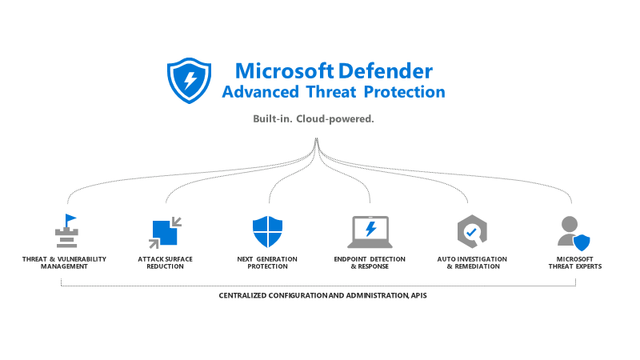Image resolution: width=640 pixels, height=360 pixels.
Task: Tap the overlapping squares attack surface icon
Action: click(x=166, y=231)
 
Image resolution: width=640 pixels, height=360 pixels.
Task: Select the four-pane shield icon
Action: click(x=267, y=231)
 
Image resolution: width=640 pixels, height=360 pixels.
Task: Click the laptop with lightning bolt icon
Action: click(x=370, y=231)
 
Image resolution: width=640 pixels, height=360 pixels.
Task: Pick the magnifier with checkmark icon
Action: click(x=471, y=231)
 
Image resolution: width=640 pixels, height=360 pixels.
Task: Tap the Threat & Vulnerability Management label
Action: click(x=64, y=262)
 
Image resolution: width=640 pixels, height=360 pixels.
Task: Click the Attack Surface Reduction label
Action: click(x=165, y=262)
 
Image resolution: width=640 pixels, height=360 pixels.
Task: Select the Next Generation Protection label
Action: click(x=267, y=262)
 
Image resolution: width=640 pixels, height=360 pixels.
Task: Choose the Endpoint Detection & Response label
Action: click(x=370, y=262)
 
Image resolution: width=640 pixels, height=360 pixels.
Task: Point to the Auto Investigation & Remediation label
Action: click(x=472, y=262)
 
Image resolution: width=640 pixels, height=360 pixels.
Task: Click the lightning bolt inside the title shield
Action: click(x=190, y=80)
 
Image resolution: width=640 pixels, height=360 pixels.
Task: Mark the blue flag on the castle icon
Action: click(x=71, y=218)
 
